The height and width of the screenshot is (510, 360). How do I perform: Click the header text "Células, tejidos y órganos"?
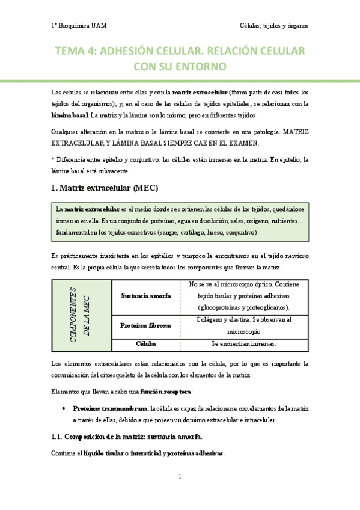(274, 26)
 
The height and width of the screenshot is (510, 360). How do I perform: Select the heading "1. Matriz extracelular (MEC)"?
(105, 188)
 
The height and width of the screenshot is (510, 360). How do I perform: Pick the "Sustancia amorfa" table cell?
(145, 296)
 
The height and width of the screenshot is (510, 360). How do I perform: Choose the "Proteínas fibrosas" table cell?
(145, 325)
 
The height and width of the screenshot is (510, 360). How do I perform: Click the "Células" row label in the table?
(145, 343)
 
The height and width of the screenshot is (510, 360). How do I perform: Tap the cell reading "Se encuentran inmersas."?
(243, 344)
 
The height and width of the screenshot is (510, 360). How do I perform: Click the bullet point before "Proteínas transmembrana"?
(64, 408)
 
